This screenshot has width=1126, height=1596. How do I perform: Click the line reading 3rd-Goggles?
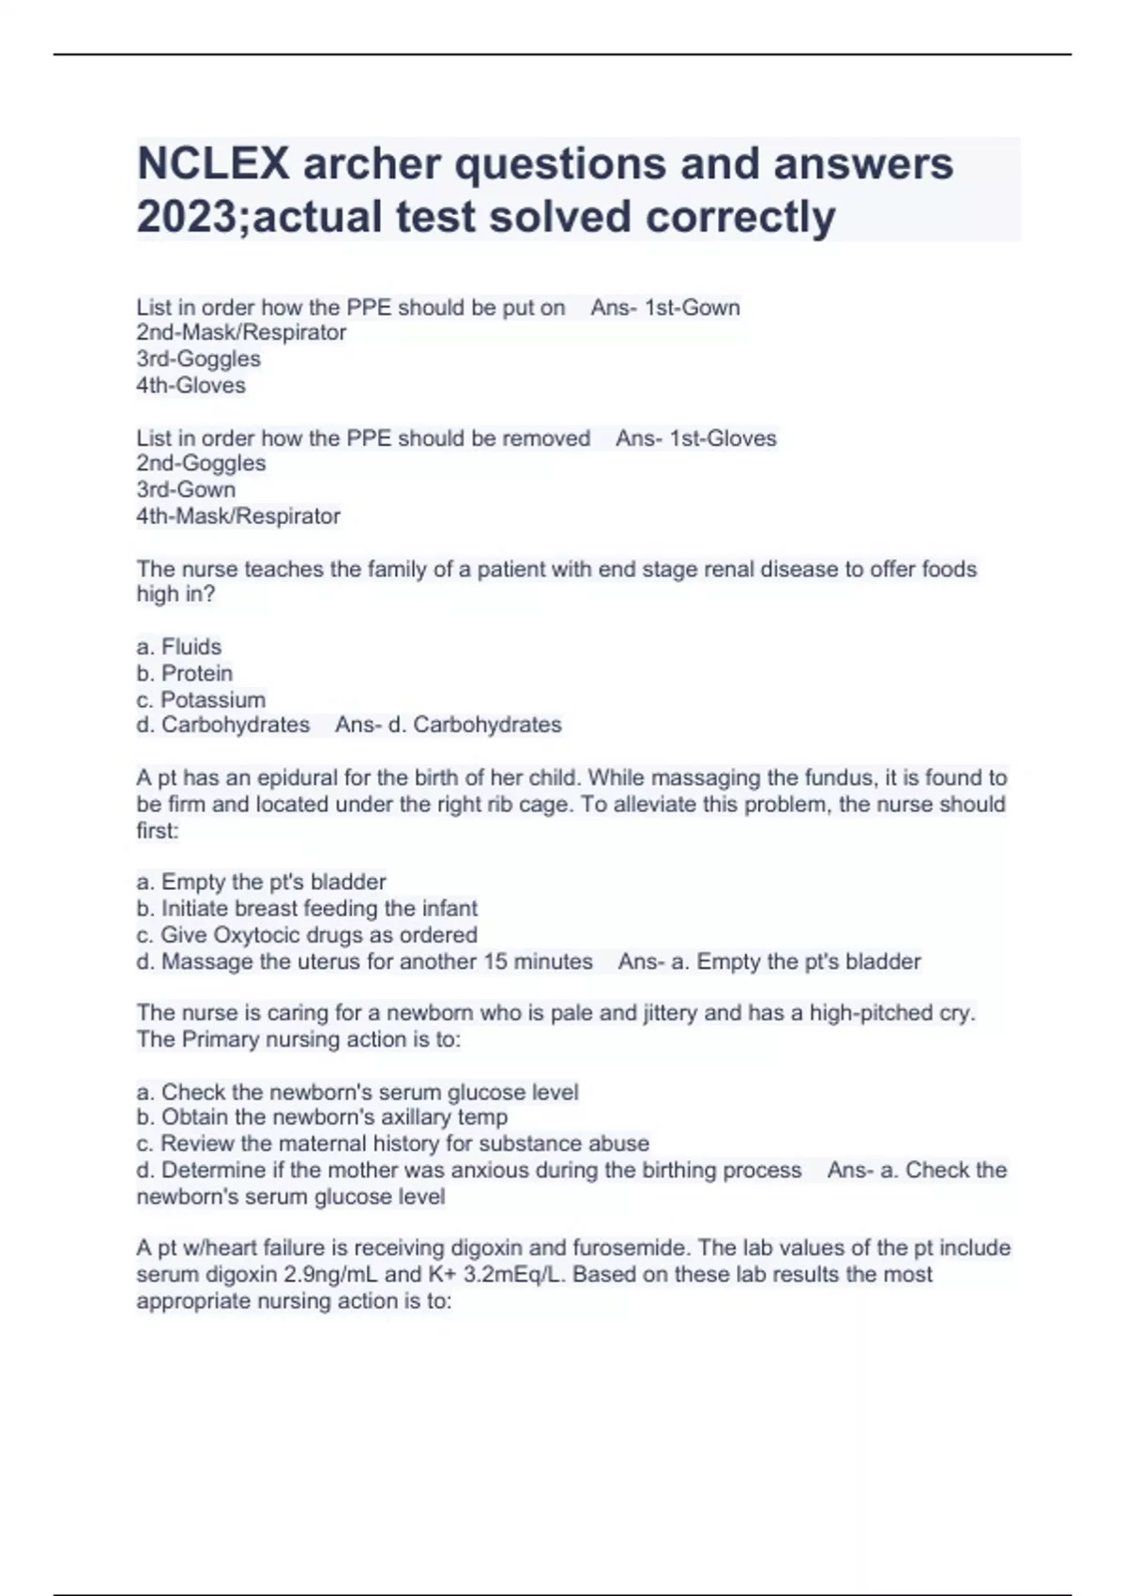(199, 359)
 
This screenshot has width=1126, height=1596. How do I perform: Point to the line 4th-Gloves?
(191, 385)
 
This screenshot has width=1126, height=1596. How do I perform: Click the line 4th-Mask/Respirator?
(238, 515)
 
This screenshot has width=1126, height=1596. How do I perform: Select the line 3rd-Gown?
(186, 489)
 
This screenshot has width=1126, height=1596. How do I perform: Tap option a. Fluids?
(179, 647)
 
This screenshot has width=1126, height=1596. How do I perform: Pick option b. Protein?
(185, 673)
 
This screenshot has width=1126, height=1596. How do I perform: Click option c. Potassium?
(201, 699)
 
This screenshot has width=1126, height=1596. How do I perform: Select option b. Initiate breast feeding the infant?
(307, 908)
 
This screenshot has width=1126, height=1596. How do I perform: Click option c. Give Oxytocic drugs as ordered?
(307, 935)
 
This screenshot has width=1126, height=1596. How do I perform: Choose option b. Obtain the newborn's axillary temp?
(322, 1117)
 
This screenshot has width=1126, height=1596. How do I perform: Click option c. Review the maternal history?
(392, 1143)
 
